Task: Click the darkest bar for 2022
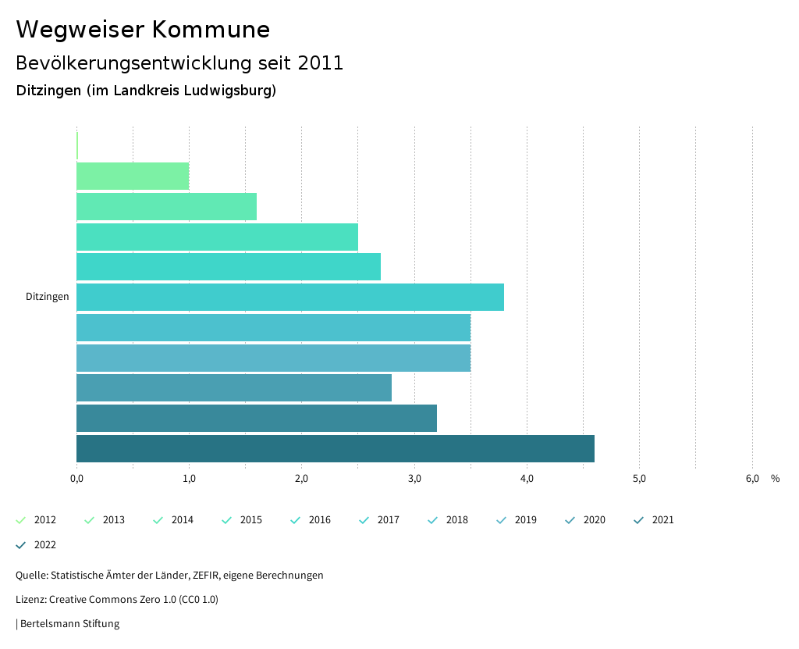tap(336, 449)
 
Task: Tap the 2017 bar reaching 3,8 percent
tap(290, 298)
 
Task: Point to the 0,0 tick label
tap(76, 479)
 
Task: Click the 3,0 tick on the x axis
tap(414, 479)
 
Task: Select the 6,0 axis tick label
tap(752, 479)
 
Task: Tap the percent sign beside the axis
tap(775, 479)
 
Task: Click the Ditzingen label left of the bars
tap(48, 297)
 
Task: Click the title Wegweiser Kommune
tap(143, 30)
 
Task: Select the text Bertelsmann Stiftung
tap(69, 624)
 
